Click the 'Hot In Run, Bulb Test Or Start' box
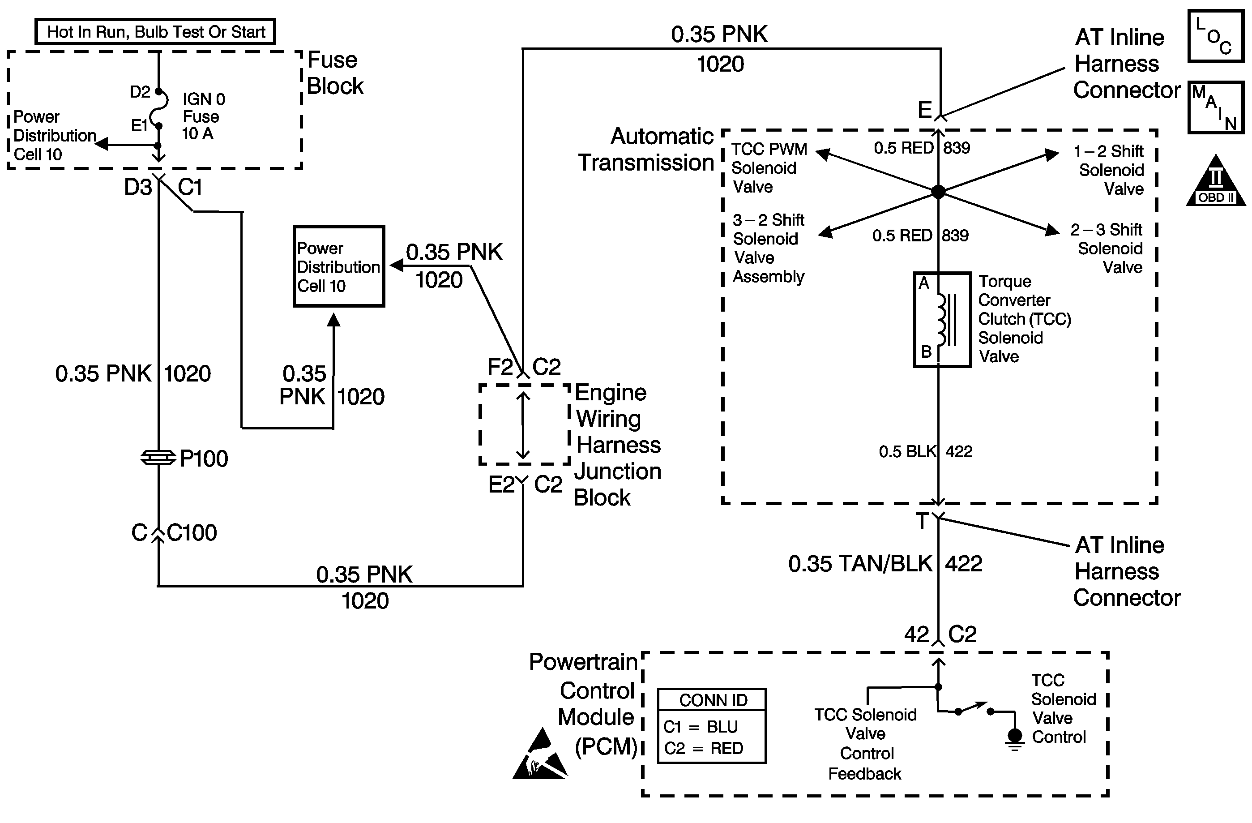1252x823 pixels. point(155,32)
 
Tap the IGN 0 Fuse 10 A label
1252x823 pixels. point(203,116)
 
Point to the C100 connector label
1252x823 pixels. point(192,533)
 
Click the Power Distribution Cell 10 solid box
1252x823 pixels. point(339,267)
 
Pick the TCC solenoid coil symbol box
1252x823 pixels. point(942,319)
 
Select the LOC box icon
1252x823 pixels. point(1216,36)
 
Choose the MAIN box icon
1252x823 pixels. point(1216,107)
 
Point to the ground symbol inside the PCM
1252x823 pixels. point(1015,739)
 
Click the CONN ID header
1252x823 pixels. point(713,700)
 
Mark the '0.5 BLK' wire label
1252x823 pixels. point(907,452)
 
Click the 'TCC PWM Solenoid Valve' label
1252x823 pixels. point(769,168)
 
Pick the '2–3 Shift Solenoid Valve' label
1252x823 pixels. point(1107,249)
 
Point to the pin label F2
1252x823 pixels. point(500,367)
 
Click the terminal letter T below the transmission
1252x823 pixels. point(922,522)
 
